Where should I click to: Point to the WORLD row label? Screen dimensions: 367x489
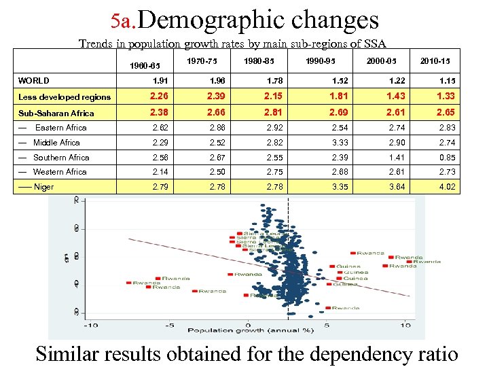(33, 81)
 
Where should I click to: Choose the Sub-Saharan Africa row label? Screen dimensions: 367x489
(56, 113)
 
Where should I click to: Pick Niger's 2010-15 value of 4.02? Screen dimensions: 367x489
(448, 187)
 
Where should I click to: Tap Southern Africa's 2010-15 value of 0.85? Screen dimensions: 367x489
(448, 158)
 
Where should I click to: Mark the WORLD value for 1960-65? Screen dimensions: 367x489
(159, 81)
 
